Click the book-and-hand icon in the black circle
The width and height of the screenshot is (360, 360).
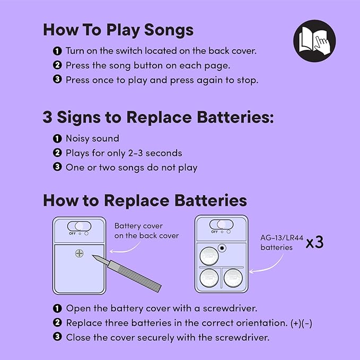[x=314, y=41]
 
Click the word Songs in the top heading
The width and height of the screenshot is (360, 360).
[x=169, y=30]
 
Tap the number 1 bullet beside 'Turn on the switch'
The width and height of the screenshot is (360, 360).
[x=57, y=51]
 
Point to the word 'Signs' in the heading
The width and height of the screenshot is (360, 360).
[x=79, y=118]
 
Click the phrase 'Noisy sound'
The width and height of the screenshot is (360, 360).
[x=93, y=138]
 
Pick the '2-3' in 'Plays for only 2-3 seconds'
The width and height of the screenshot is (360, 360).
[x=135, y=153]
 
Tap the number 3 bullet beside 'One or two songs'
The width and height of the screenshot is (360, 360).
[x=57, y=167]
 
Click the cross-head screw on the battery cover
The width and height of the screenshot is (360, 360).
[x=79, y=253]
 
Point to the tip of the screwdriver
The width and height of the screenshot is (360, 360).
[x=93, y=256]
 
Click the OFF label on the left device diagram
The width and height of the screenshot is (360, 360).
[x=72, y=233]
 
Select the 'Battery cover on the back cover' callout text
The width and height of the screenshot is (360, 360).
[x=146, y=231]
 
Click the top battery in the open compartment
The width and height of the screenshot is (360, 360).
[x=209, y=256]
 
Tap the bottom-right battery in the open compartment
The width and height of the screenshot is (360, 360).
[x=233, y=278]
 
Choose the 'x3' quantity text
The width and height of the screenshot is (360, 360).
[x=315, y=242]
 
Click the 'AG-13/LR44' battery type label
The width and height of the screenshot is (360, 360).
[x=282, y=238]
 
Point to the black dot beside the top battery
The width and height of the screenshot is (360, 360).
[x=222, y=248]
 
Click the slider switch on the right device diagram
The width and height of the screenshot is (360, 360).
[x=221, y=224]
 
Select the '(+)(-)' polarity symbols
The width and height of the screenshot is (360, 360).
[x=301, y=323]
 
